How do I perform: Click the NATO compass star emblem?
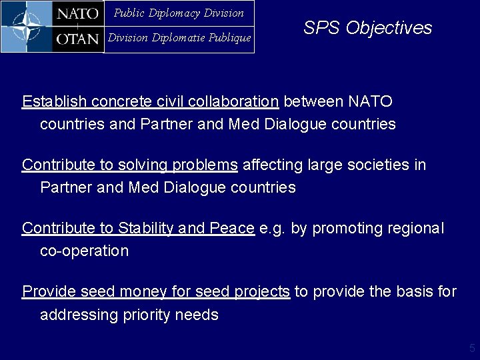click(27, 27)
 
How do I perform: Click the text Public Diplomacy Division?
click(179, 13)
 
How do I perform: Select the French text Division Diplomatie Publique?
click(179, 38)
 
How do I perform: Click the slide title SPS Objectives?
click(367, 28)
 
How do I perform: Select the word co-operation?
click(84, 251)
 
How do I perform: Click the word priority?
click(147, 315)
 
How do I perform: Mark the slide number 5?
click(472, 348)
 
